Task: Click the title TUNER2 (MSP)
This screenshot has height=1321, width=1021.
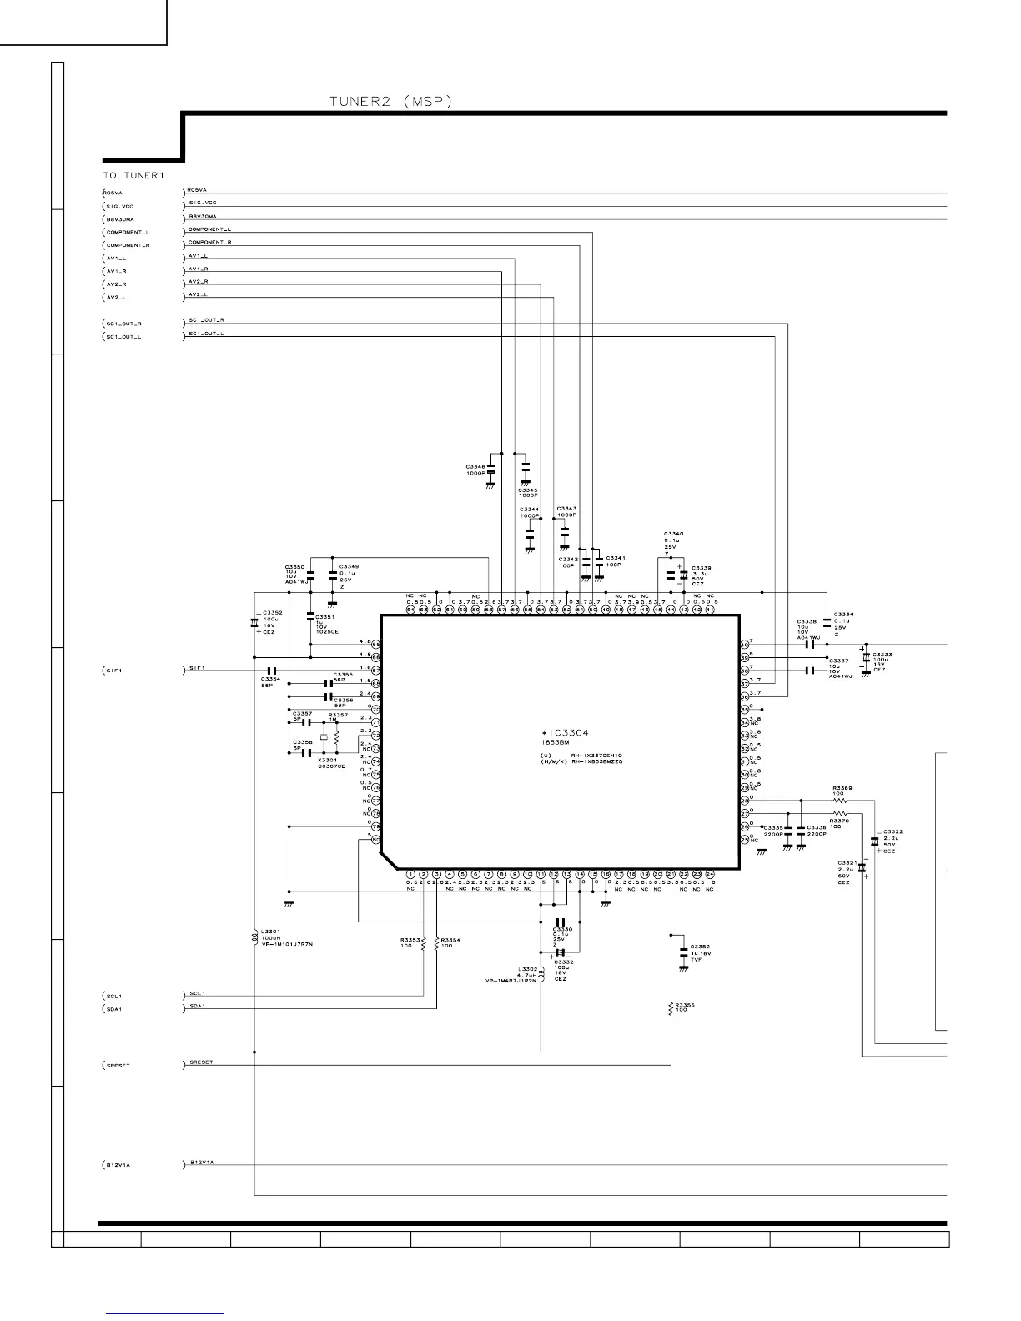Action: [390, 102]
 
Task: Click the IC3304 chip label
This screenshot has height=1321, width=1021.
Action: [566, 733]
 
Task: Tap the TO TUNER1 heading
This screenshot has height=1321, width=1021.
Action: [134, 176]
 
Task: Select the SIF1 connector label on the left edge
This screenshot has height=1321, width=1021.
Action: [114, 671]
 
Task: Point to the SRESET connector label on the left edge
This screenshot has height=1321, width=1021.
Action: [118, 1066]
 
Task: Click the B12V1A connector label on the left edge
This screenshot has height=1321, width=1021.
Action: [118, 1165]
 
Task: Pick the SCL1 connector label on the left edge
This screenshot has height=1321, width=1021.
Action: [114, 997]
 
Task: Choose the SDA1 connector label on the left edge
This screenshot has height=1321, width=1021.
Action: [114, 1009]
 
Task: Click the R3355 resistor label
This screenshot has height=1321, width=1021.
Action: [685, 1005]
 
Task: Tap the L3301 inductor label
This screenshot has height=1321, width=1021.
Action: [270, 932]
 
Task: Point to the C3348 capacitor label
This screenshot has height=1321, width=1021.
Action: [475, 466]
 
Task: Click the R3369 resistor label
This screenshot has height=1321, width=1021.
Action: [842, 787]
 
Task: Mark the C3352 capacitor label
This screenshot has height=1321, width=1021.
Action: [273, 613]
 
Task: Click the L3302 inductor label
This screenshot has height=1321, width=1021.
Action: [527, 968]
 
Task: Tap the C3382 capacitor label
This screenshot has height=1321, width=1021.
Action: [700, 947]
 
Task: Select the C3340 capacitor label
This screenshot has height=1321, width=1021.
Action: [673, 533]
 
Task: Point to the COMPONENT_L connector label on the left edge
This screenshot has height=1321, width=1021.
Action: [128, 233]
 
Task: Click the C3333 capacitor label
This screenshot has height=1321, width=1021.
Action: [883, 655]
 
